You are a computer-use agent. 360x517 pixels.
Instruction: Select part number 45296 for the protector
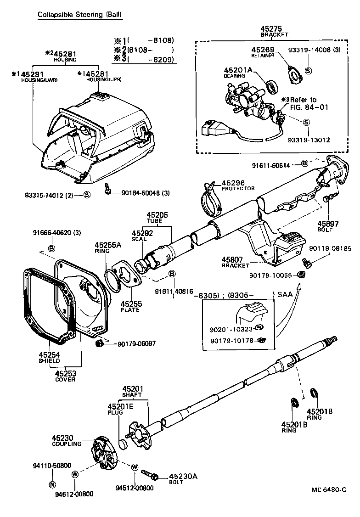(233, 183)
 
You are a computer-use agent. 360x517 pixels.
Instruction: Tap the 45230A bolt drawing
(150, 474)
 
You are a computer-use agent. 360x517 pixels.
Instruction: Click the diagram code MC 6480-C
(328, 489)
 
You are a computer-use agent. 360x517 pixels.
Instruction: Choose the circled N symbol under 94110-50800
(52, 484)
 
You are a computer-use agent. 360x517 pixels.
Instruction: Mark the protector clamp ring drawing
(211, 199)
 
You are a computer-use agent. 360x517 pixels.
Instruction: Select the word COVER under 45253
(65, 380)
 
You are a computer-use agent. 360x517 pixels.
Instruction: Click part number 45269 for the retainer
(263, 50)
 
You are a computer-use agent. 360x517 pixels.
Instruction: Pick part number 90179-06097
(136, 343)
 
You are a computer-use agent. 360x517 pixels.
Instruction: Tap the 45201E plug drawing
(123, 444)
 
